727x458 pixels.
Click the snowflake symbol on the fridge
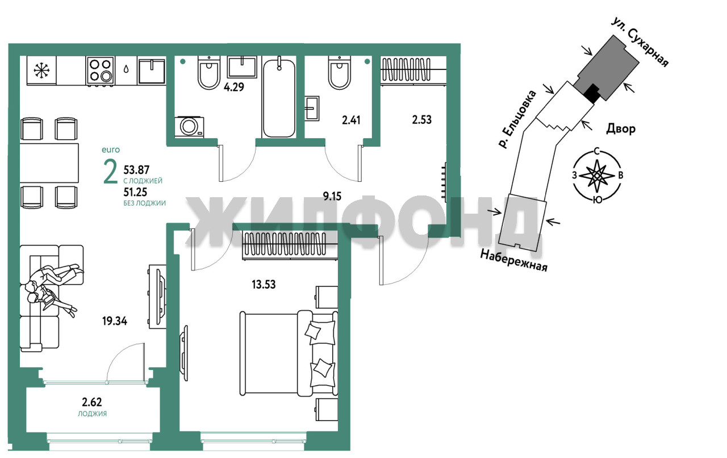point(42,70)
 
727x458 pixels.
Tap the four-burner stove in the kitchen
point(101,71)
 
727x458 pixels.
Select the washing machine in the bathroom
point(189,127)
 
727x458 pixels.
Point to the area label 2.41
point(351,120)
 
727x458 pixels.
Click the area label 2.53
point(421,120)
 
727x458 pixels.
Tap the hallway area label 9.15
point(332,197)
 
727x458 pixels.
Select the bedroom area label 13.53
point(264,285)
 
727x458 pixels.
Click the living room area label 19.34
point(115,321)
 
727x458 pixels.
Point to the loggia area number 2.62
point(92,402)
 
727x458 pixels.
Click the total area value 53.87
point(136,170)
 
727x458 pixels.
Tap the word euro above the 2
point(111,150)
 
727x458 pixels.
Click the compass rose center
point(597,176)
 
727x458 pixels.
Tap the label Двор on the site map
point(621,130)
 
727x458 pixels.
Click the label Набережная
point(513,260)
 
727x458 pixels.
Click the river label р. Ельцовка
point(517,119)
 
